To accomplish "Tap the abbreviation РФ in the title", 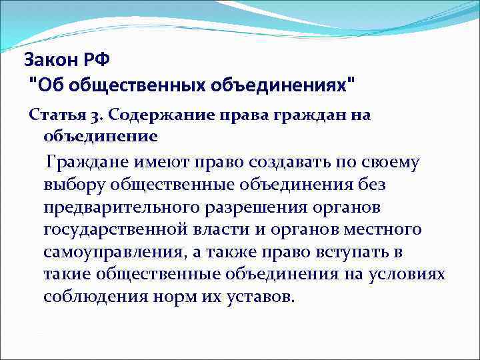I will coord(97,60).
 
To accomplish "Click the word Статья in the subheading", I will coord(51,115).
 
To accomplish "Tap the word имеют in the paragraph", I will coord(155,161).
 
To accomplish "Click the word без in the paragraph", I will coord(371,184).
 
